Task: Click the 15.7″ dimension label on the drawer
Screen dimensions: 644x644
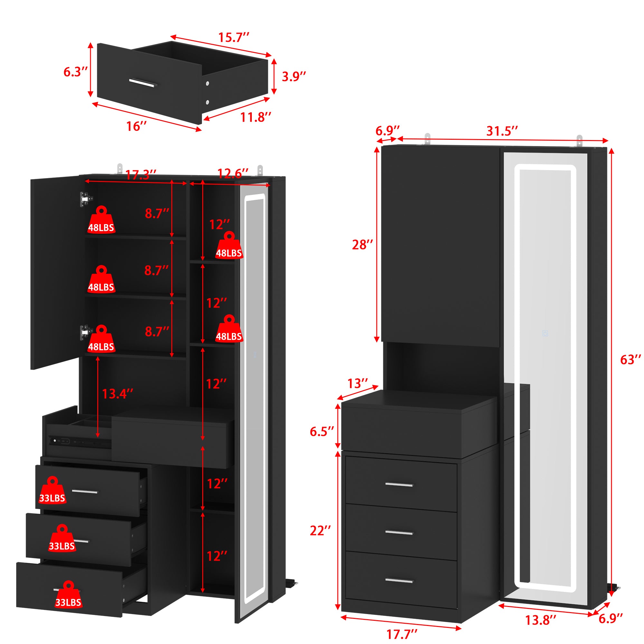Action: pos(233,37)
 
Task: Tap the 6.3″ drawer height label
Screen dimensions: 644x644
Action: pos(76,72)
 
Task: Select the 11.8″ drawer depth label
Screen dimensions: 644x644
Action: pos(256,117)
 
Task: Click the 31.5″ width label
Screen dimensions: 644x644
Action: pos(502,131)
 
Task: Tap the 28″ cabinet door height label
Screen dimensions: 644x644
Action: pos(362,245)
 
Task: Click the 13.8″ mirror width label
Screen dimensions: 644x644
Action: pos(541,620)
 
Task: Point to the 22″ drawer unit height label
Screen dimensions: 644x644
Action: pos(320,531)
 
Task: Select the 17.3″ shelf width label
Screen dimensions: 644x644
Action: pos(141,175)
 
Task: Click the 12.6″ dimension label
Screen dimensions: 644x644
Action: pos(233,173)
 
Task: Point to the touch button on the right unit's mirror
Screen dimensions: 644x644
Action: pos(545,333)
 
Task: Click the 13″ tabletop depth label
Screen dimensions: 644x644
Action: pos(358,384)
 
